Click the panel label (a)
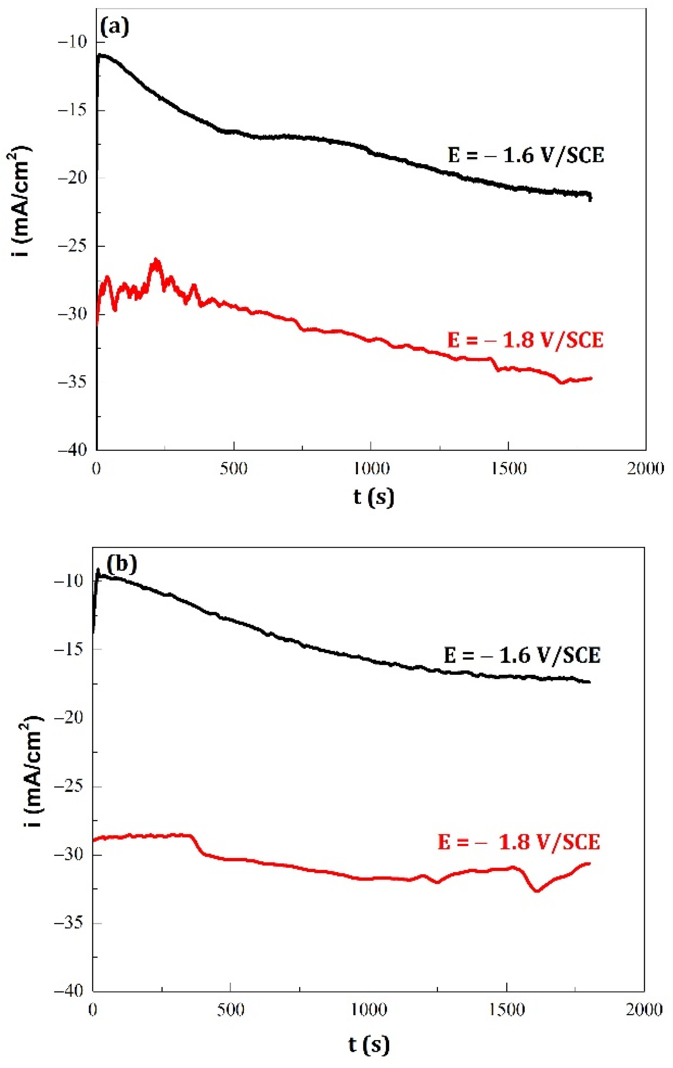click(x=115, y=27)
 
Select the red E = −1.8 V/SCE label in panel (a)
click(x=525, y=340)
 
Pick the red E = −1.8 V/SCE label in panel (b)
click(x=519, y=841)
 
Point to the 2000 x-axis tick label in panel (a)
click(x=645, y=468)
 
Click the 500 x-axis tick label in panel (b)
click(x=231, y=1010)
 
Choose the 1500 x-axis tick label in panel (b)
click(x=506, y=1010)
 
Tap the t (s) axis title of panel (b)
click(x=369, y=1044)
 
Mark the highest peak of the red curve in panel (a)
click(x=156, y=260)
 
